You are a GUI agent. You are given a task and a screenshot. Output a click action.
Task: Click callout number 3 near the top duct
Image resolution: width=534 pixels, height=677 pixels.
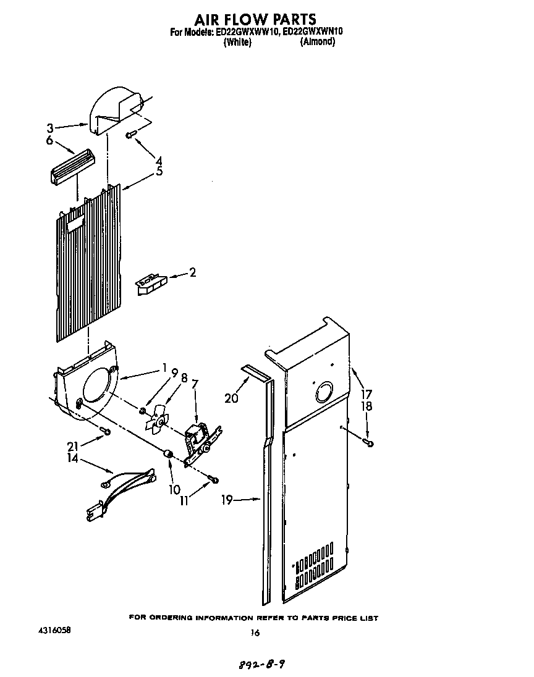50,128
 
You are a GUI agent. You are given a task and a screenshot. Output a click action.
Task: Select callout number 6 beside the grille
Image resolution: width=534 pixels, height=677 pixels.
49,141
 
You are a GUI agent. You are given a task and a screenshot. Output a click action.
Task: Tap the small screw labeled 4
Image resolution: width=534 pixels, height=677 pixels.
131,135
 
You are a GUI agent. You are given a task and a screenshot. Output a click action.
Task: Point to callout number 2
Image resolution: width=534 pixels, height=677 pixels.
192,272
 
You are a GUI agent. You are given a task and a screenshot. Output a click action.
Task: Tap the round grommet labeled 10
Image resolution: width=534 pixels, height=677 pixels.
166,455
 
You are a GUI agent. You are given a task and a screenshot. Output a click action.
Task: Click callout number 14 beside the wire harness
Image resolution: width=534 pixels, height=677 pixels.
56,458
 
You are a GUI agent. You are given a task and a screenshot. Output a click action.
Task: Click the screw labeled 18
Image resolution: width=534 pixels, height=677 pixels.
369,442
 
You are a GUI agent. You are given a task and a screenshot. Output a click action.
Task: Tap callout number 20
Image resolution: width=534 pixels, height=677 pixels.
231,398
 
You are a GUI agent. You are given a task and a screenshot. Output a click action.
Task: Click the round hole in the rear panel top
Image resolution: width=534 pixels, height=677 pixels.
323,393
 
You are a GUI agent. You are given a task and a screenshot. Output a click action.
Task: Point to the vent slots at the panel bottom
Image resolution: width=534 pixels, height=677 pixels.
315,565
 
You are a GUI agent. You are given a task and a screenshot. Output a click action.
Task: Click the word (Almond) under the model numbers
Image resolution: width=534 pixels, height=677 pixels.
317,42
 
